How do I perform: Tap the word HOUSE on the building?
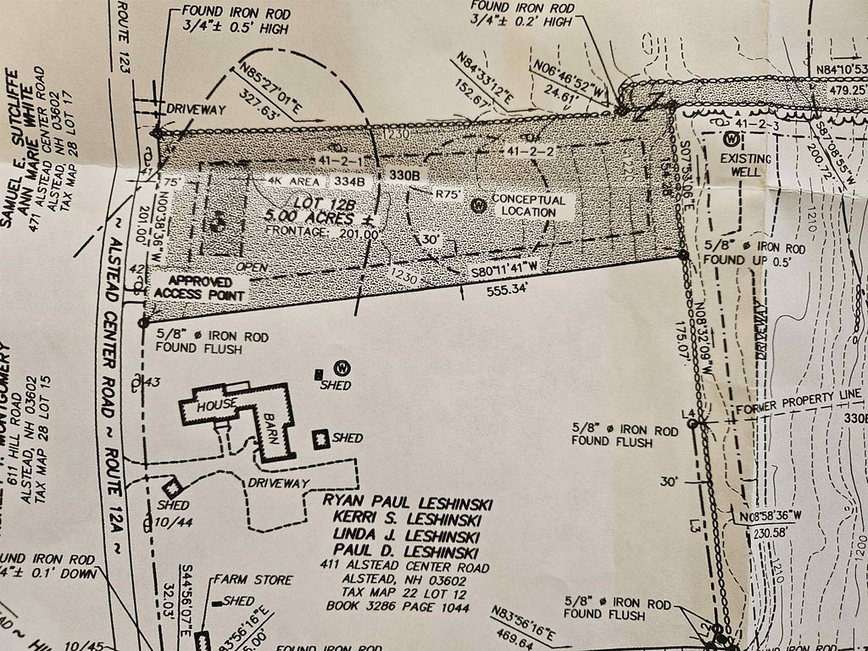tap(215, 407)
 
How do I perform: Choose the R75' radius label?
tap(447, 194)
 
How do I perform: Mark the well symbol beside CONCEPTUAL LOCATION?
tap(479, 204)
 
